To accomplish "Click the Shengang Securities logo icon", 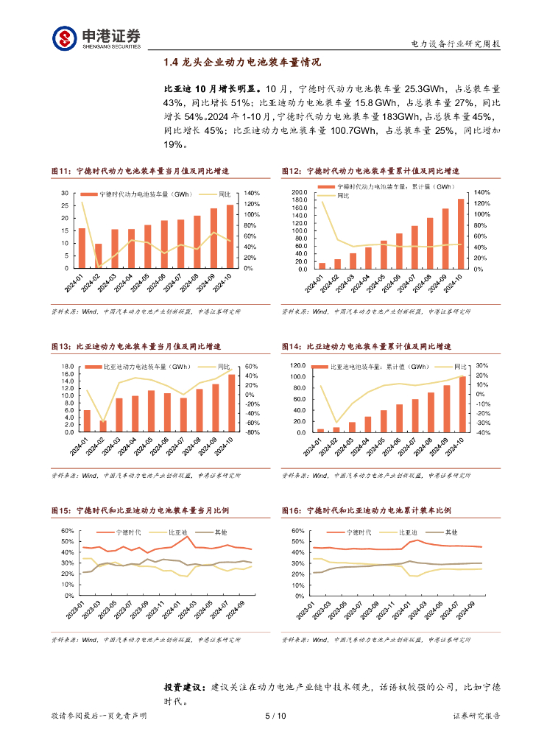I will tap(63, 38).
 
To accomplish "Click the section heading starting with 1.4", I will tap(242, 63).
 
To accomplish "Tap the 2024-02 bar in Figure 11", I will tap(98, 256).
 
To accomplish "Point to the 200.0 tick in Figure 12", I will tap(299, 192).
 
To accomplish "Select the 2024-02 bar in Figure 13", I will tap(103, 426).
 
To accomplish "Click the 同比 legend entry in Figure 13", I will tap(223, 367).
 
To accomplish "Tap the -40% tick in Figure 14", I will tap(483, 433).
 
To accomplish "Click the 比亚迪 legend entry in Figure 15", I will tap(177, 532).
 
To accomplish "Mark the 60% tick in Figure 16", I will tap(297, 531).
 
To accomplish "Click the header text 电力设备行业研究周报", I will tap(455, 44).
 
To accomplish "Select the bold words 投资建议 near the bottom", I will tap(183, 686).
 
